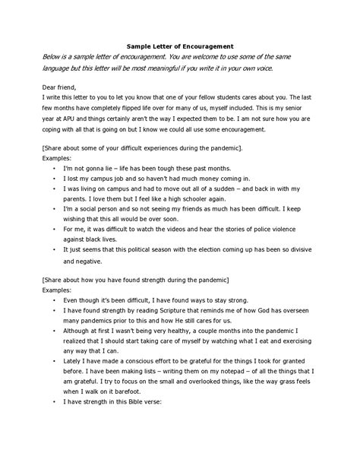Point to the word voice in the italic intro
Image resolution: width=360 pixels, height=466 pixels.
[259, 68]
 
